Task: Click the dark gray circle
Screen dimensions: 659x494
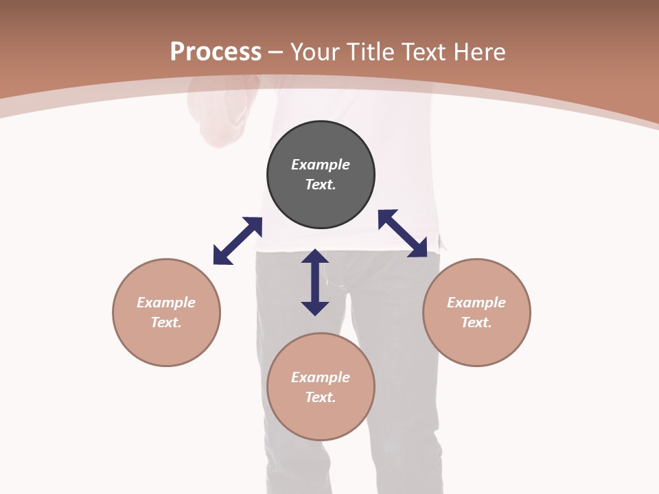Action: pyautogui.click(x=321, y=175)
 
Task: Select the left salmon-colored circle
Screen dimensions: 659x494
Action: pyautogui.click(x=166, y=313)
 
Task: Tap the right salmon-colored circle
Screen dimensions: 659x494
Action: pyautogui.click(x=476, y=313)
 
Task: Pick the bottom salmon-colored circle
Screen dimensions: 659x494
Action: pyautogui.click(x=321, y=387)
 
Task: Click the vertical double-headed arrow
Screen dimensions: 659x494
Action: pyautogui.click(x=315, y=282)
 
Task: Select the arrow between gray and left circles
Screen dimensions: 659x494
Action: pyautogui.click(x=238, y=241)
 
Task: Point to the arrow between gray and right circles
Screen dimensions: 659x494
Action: pyautogui.click(x=403, y=233)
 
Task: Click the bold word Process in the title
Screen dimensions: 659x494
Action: pyautogui.click(x=216, y=51)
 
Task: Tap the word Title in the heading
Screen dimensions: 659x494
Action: pyautogui.click(x=370, y=51)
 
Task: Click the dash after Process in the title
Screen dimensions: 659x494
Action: pyautogui.click(x=275, y=53)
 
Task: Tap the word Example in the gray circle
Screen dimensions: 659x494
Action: pyautogui.click(x=321, y=165)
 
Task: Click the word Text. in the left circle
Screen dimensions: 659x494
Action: pyautogui.click(x=166, y=322)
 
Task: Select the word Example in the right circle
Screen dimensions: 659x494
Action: pyautogui.click(x=476, y=303)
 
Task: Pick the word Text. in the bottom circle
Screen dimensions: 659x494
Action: pyautogui.click(x=321, y=397)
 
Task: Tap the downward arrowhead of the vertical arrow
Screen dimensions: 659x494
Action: pyautogui.click(x=315, y=309)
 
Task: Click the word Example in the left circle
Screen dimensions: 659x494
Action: pyautogui.click(x=166, y=303)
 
